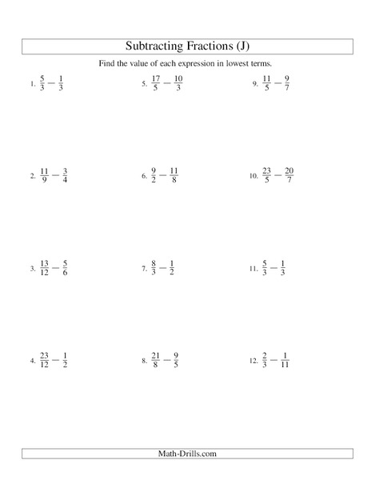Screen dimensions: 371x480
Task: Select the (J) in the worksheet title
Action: point(255,45)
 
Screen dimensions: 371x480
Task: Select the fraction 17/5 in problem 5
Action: point(155,82)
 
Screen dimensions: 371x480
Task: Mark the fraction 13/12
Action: point(45,267)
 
